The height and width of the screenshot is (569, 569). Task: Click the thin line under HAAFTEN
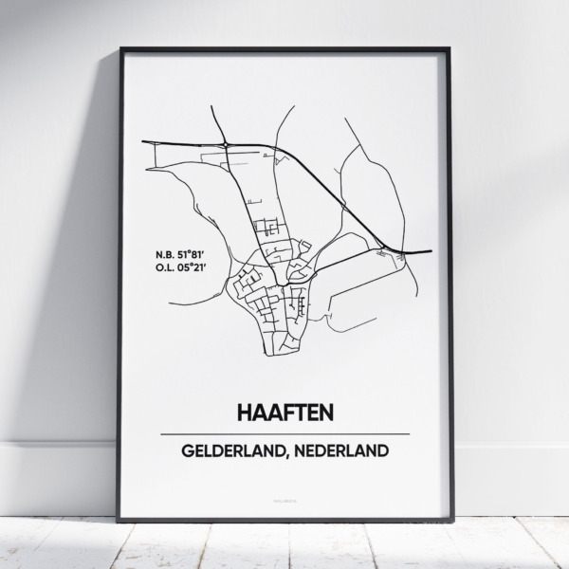tap(284, 433)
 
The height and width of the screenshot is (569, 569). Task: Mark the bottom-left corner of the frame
tap(119, 520)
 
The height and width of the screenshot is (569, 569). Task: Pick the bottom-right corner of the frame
tap(450, 520)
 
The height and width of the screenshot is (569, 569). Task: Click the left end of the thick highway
tap(143, 142)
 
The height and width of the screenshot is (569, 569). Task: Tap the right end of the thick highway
tap(431, 251)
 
